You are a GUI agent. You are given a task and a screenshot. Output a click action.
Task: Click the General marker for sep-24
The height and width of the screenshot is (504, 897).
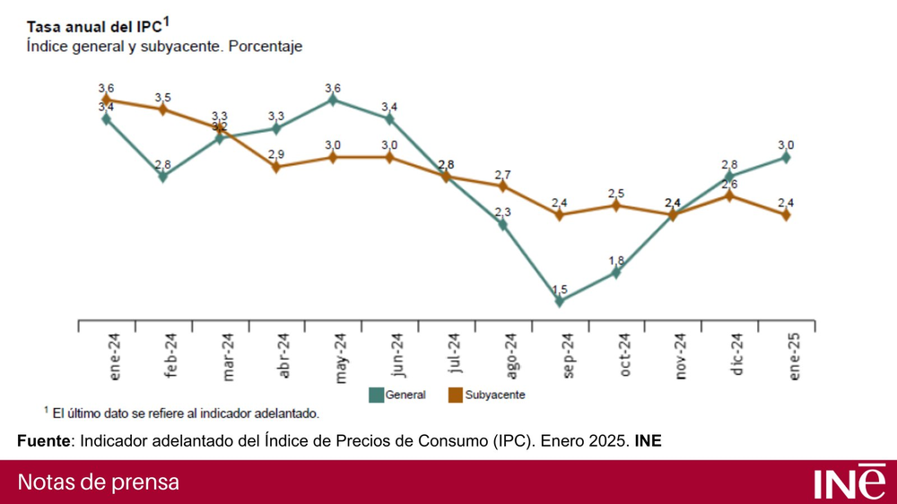559,301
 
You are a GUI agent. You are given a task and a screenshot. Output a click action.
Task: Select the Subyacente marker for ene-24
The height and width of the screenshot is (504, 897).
107,100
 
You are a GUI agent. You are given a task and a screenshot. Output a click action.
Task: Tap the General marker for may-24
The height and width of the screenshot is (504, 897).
333,100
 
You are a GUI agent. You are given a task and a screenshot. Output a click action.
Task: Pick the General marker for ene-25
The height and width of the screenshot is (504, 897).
786,157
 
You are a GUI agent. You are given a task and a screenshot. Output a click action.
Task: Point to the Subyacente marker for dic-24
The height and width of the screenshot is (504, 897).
729,196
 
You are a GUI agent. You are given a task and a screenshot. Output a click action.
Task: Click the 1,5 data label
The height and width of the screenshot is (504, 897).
559,289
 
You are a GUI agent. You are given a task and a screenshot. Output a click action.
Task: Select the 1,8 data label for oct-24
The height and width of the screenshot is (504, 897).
616,260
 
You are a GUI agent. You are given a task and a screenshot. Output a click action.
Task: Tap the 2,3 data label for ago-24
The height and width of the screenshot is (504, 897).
502,212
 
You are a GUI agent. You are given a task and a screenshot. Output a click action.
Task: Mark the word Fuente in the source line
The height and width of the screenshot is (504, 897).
43,440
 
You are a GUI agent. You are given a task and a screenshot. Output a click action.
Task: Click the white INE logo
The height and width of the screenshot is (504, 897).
848,482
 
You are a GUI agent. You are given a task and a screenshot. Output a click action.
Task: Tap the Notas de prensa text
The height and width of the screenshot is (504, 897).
99,482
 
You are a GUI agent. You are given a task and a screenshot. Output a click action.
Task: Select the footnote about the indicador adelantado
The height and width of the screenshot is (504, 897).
182,413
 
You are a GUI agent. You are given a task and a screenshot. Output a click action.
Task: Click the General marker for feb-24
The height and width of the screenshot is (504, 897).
163,176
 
